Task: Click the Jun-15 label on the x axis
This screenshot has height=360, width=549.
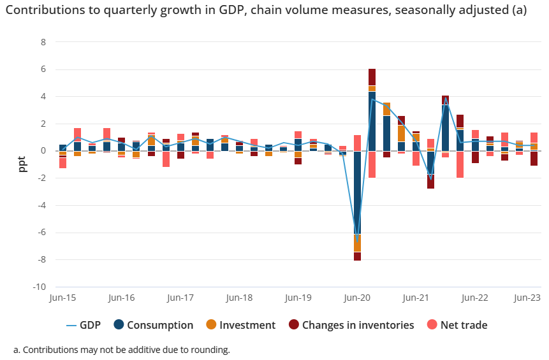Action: click(62, 298)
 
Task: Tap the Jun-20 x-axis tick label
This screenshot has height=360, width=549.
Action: click(357, 298)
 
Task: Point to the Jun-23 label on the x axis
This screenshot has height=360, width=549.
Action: click(527, 298)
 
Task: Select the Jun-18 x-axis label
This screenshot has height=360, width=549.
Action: click(239, 298)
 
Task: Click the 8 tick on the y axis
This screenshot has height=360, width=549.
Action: click(43, 42)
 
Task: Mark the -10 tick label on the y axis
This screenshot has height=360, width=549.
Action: click(39, 287)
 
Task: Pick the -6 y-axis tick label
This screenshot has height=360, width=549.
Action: click(41, 233)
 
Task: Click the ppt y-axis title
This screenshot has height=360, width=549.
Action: click(22, 164)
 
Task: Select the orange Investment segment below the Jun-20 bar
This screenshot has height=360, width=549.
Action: click(357, 243)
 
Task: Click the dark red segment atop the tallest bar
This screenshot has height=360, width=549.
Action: click(372, 76)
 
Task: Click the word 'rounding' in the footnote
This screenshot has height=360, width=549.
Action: click(209, 350)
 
